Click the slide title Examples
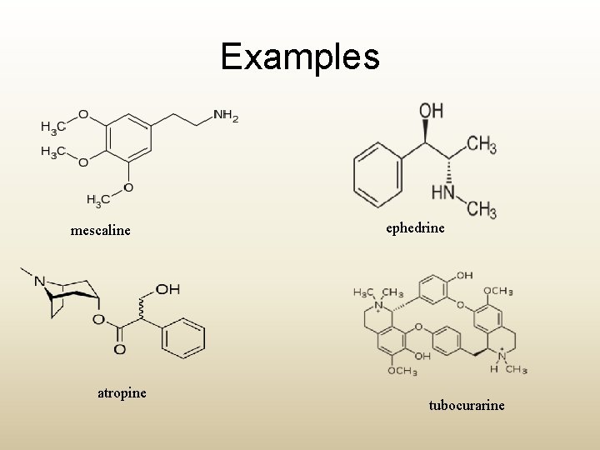point(300,57)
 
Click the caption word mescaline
point(101,230)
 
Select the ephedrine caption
point(415,227)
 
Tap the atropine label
point(122,392)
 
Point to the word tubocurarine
point(467,405)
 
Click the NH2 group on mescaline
point(225,116)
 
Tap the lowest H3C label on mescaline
point(98,201)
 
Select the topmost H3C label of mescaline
point(52,127)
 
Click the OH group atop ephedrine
point(431,111)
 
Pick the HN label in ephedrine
point(442,193)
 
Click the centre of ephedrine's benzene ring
point(377,174)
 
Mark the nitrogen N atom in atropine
point(39,281)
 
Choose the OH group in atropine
point(167,289)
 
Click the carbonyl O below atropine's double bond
point(119,349)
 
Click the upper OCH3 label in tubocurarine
point(497,291)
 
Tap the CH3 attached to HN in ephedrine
point(481,209)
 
